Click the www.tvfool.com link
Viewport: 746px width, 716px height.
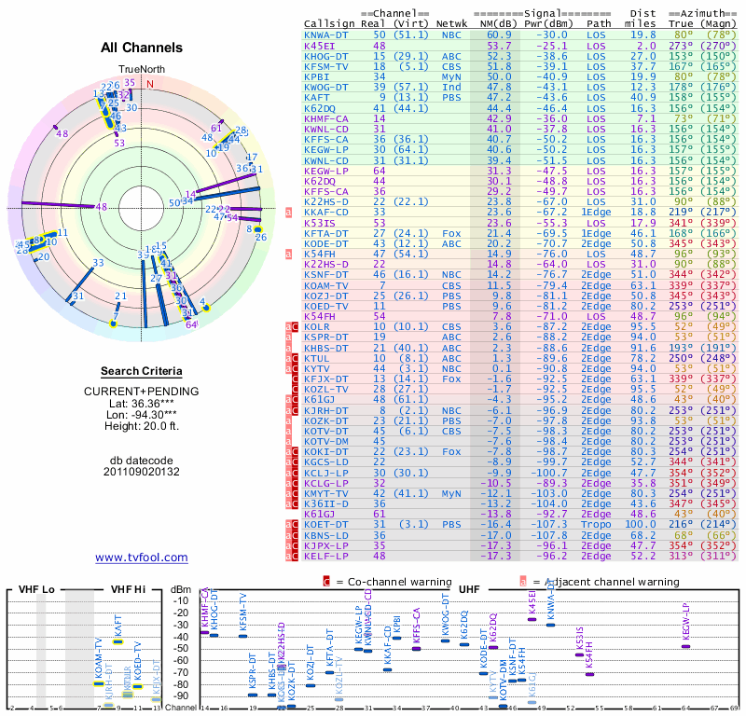142,558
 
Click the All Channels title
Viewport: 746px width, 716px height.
142,48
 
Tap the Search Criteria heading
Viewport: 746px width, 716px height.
142,371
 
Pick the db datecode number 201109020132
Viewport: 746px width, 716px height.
142,472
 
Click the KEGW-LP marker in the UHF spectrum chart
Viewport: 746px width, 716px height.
685,645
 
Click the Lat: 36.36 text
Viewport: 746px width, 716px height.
142,403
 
